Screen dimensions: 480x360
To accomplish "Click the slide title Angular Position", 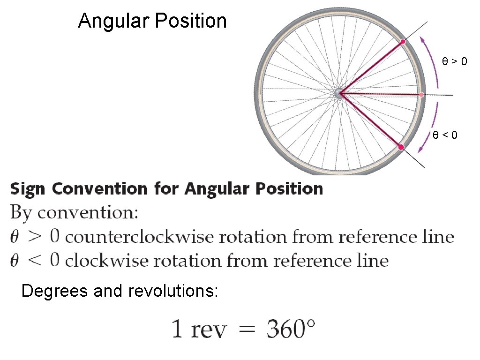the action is coord(152,21).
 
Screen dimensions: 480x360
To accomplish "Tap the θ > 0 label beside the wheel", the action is coord(454,61).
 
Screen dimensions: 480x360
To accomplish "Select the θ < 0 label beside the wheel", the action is coord(445,135).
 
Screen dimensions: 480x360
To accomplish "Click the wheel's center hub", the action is coord(339,93).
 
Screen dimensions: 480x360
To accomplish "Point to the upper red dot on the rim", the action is coord(403,42).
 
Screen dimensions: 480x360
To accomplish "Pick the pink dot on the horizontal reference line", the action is coord(421,95).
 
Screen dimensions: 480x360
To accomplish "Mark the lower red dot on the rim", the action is coord(401,147).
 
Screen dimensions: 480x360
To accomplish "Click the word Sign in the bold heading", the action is coord(29,189).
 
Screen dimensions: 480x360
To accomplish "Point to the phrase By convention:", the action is coord(75,213).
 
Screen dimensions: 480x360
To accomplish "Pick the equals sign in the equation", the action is coord(247,330).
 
